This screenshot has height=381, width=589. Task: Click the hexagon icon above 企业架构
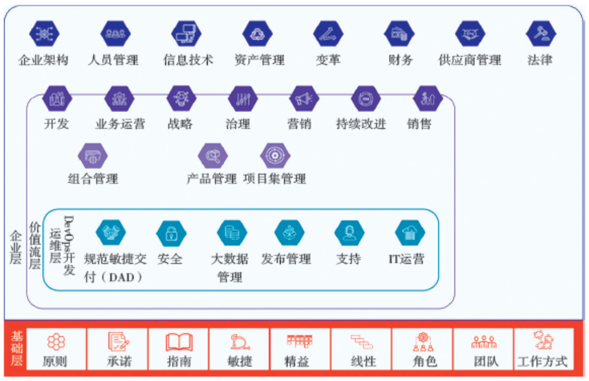(x=44, y=34)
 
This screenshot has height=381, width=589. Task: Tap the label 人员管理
(x=113, y=60)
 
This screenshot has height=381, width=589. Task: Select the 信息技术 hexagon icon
(x=186, y=34)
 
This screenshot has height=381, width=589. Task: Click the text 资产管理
(x=259, y=60)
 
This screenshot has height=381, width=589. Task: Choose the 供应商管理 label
(x=470, y=60)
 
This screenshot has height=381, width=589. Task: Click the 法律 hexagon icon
(x=540, y=34)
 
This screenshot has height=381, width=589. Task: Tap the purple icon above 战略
(x=181, y=99)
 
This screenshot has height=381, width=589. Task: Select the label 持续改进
(x=361, y=124)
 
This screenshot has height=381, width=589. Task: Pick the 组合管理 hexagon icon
(x=93, y=155)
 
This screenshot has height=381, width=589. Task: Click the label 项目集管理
(x=274, y=179)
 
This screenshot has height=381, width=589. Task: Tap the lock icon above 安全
(x=171, y=234)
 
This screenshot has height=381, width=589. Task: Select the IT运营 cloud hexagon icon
(x=409, y=233)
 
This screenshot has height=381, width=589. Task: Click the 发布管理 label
(x=286, y=259)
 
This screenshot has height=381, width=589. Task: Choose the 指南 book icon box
(x=179, y=350)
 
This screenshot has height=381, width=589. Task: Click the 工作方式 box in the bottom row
(x=543, y=350)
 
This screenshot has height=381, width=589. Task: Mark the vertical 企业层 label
(x=15, y=246)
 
